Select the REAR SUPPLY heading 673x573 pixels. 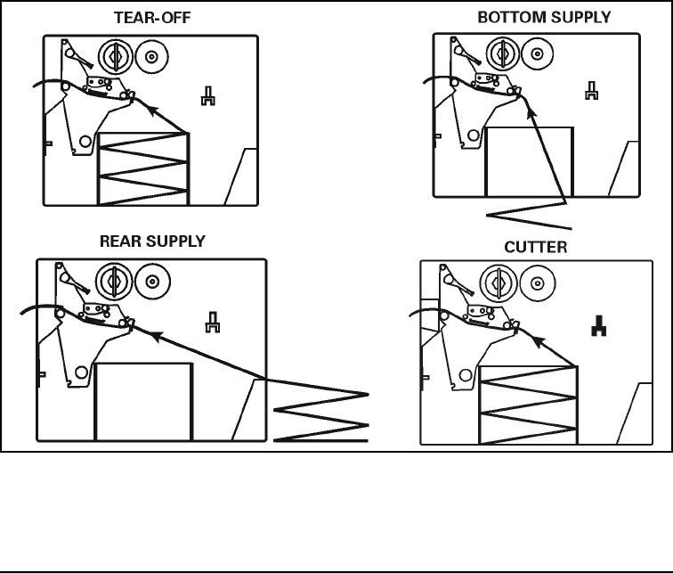152,241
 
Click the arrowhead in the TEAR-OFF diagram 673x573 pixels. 151,110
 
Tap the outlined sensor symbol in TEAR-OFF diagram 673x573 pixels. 207,95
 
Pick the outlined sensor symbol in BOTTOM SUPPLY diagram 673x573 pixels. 590,91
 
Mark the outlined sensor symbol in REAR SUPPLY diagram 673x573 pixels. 213,321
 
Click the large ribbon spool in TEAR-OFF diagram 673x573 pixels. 113,57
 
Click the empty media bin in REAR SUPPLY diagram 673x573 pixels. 143,401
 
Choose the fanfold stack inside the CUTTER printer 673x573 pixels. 529,404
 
